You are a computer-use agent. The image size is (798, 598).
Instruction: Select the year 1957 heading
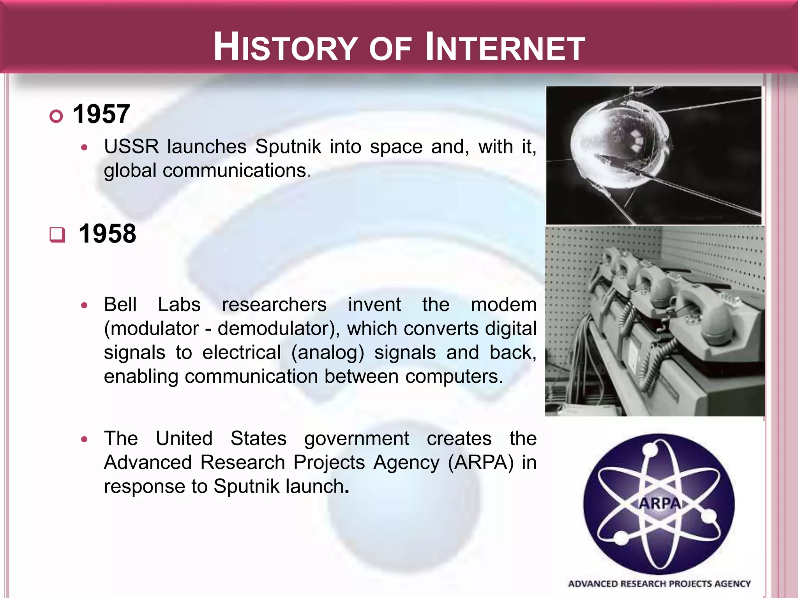(101, 114)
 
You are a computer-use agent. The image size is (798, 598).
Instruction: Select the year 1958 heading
(107, 234)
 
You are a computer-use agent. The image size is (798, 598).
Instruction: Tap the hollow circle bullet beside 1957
(56, 116)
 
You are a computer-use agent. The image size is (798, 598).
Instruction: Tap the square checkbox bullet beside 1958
(57, 234)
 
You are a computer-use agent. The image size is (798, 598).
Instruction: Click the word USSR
(131, 147)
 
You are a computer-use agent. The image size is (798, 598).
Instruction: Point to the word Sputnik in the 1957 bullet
(288, 147)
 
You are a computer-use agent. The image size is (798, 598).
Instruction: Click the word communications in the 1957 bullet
(234, 171)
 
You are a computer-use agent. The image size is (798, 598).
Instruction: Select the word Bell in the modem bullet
(120, 304)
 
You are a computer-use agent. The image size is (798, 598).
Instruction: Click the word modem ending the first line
(503, 304)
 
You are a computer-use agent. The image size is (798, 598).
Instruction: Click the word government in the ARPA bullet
(357, 438)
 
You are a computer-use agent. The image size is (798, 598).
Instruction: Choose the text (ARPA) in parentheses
(481, 463)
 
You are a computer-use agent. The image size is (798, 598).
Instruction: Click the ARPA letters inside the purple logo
(659, 503)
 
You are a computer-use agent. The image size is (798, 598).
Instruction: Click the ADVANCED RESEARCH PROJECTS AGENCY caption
(659, 584)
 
